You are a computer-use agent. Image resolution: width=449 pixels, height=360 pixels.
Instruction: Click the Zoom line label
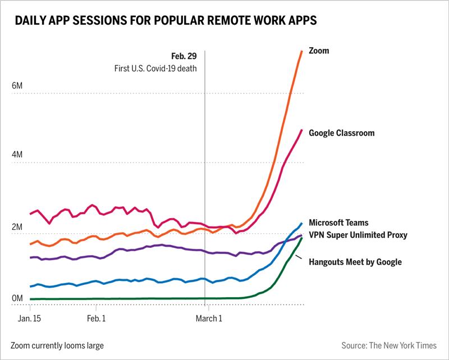tap(320, 50)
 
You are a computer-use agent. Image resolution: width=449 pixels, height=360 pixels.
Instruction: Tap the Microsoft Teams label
tap(339, 223)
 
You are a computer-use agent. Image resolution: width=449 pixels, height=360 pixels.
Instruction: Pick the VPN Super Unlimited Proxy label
tap(358, 234)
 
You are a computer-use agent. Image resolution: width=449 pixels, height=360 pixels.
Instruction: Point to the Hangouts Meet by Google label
tap(355, 261)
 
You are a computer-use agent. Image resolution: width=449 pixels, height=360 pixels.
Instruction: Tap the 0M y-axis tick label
tap(17, 298)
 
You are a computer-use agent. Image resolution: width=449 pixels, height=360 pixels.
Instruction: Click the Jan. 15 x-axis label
tap(29, 318)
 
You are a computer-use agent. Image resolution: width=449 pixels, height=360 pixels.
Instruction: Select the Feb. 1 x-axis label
tap(96, 318)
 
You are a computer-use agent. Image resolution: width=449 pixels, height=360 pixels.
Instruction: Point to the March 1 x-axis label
tap(208, 318)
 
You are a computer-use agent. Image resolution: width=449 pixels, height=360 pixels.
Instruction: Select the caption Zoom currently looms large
tap(56, 345)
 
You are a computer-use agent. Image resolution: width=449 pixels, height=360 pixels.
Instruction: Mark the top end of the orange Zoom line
tap(302, 51)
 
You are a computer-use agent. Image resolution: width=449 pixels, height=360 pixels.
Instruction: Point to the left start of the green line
tap(30, 299)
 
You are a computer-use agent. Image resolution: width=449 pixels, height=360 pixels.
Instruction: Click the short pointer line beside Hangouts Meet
tap(300, 257)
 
